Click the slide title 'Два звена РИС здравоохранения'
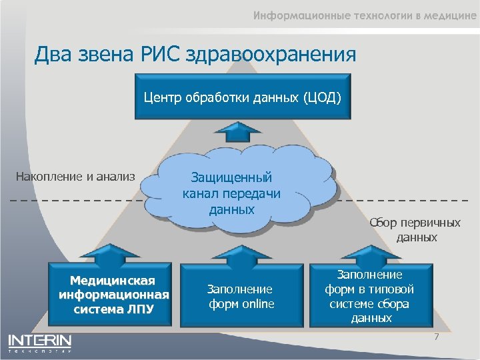pos(195,53)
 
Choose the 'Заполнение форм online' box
pos(241,297)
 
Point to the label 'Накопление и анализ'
pos(75,177)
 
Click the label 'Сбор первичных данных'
pos(417,230)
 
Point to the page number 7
pos(437,337)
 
